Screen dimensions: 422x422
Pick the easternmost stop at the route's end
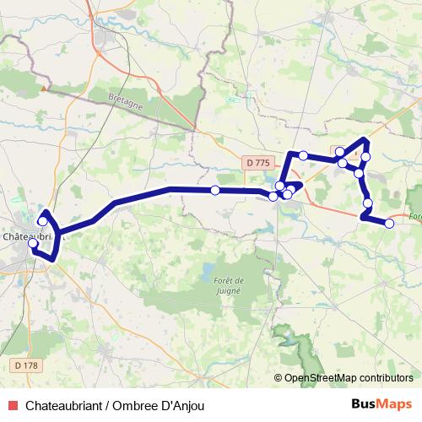[x=390, y=224]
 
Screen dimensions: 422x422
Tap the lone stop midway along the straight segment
[x=215, y=191]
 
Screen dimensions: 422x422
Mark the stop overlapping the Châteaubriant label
[x=33, y=243]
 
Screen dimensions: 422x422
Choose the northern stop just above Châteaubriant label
[x=42, y=221]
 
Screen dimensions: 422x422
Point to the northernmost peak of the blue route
[x=365, y=139]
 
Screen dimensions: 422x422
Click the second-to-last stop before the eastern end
[x=368, y=203]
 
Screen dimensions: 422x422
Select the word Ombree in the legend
[x=146, y=406]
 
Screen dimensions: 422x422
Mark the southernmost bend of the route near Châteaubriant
[x=52, y=258]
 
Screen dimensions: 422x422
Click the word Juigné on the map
[x=228, y=289]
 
